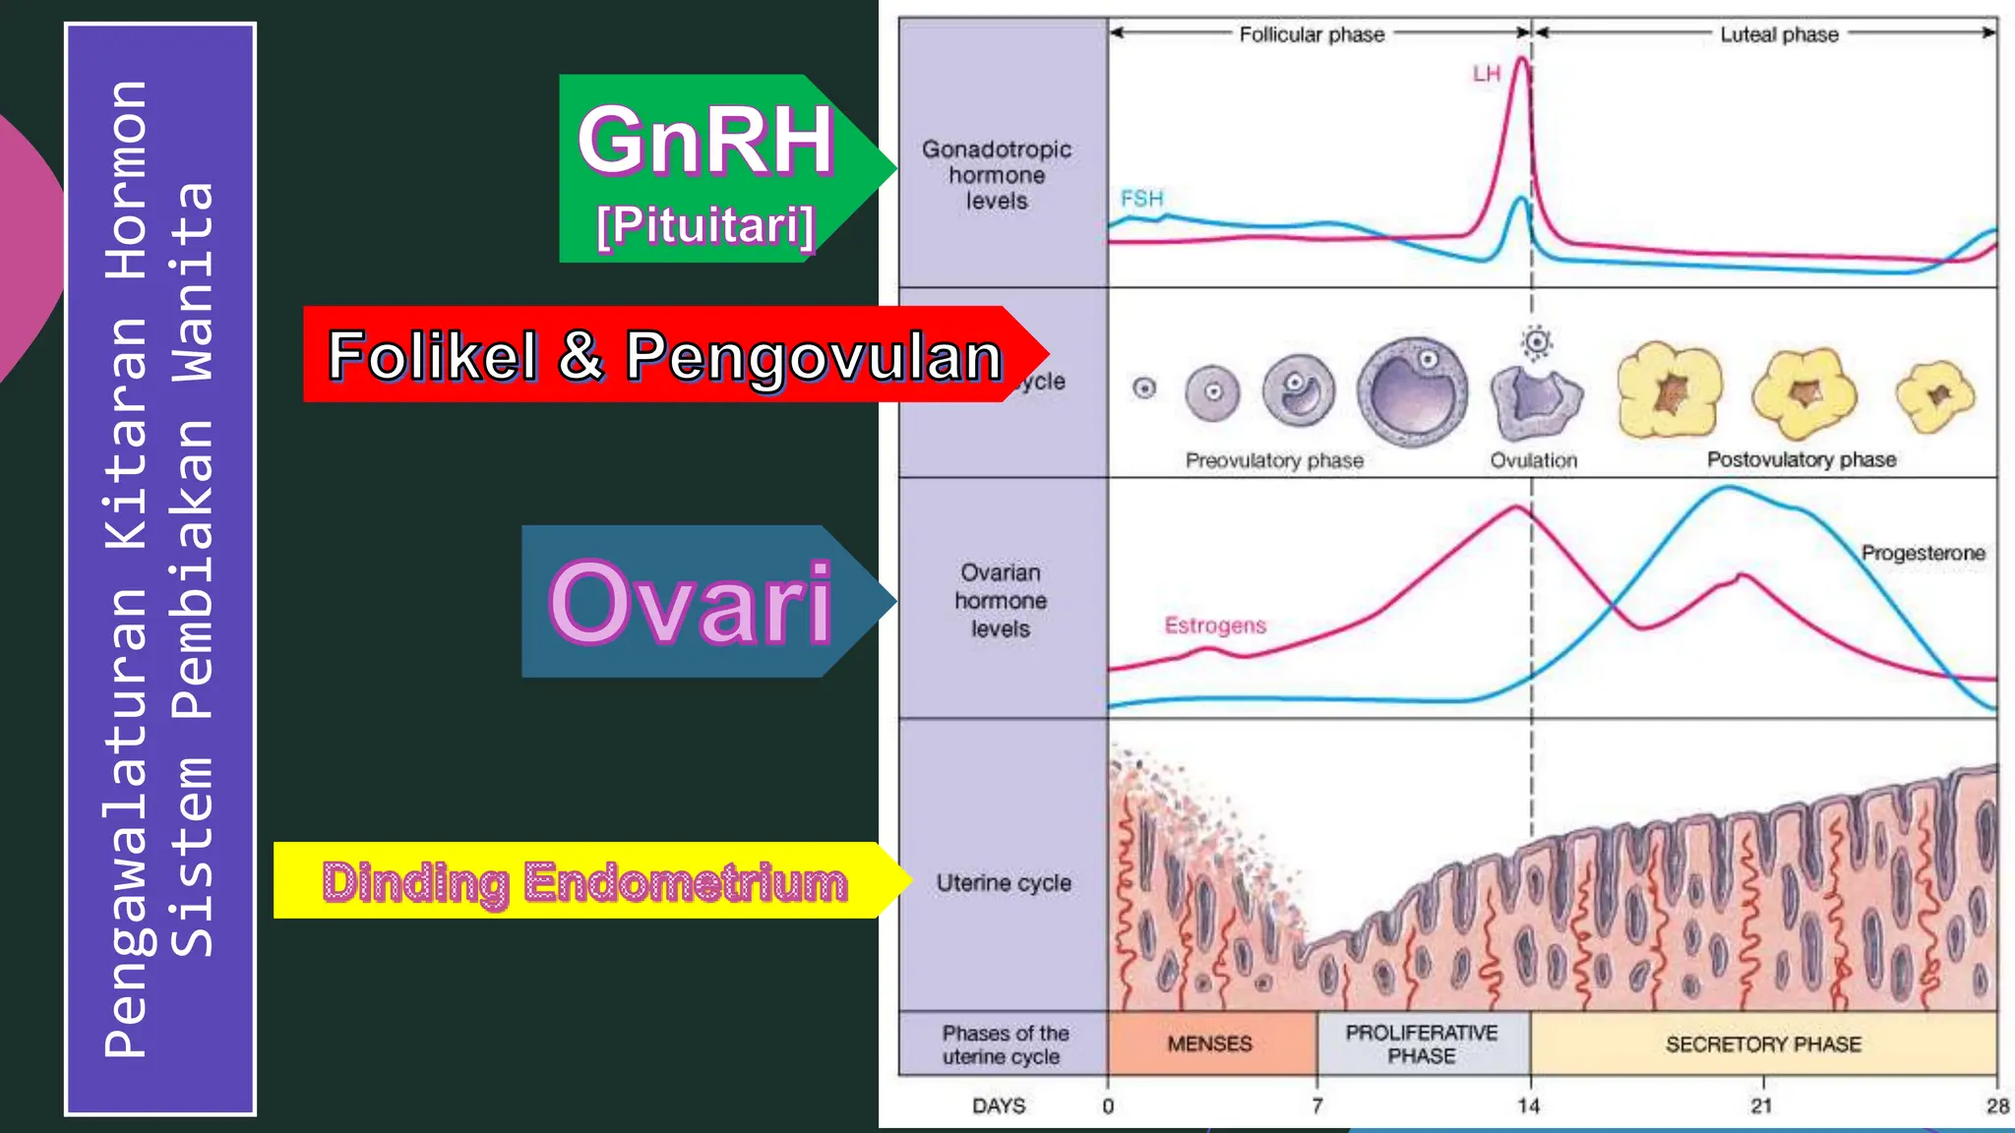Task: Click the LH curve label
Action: coord(1486,74)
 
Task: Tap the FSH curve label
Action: coord(1141,199)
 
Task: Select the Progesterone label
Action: coord(1923,553)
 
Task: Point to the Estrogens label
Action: coord(1215,626)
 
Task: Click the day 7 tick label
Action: coord(1316,1106)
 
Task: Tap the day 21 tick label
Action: coord(1761,1106)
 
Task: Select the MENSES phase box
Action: coord(1210,1044)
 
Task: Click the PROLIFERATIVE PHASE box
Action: coord(1422,1044)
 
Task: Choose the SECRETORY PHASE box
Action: coord(1763,1044)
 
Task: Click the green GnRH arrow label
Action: coord(706,167)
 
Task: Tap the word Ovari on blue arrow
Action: coord(691,602)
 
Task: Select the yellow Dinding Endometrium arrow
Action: coord(584,881)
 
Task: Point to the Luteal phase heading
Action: coord(1779,34)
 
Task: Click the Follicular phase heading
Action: coord(1312,34)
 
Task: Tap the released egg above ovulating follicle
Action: coord(1536,342)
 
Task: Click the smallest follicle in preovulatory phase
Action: coord(1144,388)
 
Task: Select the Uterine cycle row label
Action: coord(1004,883)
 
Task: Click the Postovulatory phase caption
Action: coord(1801,459)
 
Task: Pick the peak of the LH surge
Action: coord(1522,59)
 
